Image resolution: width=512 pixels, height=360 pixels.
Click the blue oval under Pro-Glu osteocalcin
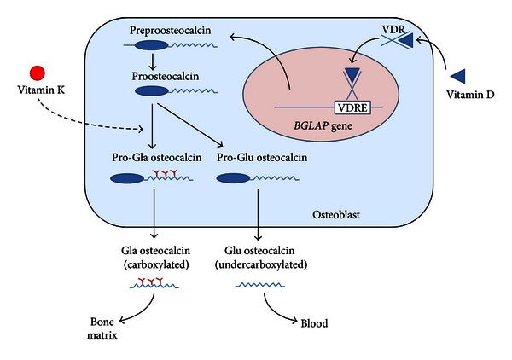[x=236, y=180]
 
